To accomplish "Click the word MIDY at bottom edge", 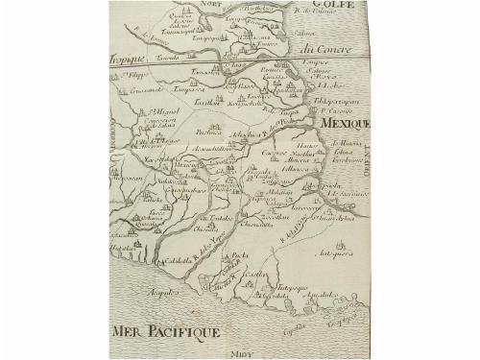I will (247, 353).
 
